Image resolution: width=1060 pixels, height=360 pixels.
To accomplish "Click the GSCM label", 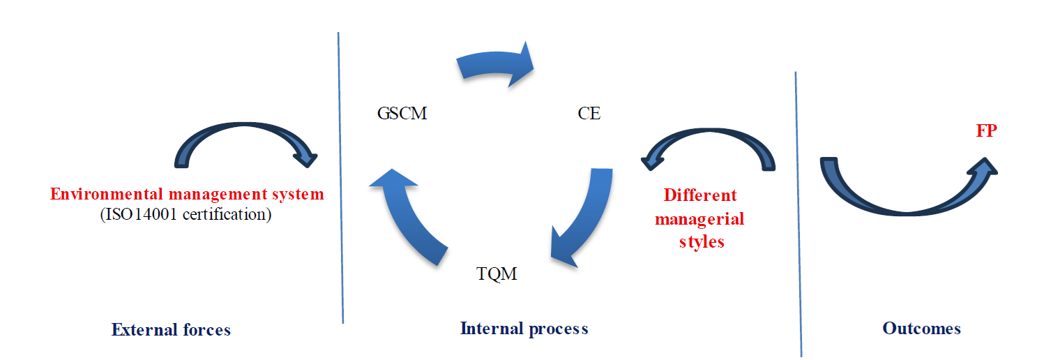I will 402,113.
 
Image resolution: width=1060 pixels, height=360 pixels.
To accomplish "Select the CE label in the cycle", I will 589,113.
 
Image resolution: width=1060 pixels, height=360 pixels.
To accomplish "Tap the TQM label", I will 497,273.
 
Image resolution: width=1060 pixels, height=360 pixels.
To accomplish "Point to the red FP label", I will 986,130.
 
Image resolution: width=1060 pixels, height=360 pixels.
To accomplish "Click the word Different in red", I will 700,195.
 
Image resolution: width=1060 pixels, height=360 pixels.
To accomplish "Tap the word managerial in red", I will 699,218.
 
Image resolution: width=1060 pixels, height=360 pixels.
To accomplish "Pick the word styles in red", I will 700,242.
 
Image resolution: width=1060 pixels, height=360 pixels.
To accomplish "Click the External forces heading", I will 171,329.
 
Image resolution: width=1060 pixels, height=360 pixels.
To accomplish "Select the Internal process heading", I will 524,328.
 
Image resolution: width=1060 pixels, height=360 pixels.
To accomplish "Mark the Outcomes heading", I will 921,328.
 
